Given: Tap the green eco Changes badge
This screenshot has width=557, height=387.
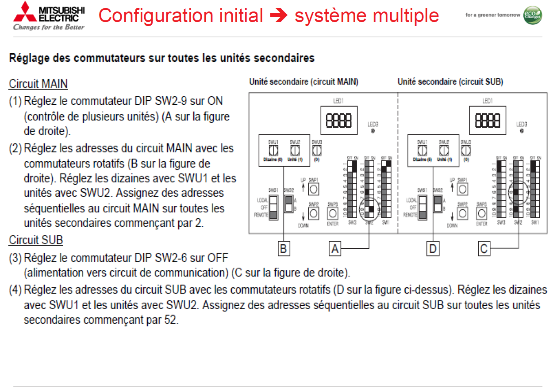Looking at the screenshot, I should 532,15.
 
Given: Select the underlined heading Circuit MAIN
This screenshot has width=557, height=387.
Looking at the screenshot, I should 38,84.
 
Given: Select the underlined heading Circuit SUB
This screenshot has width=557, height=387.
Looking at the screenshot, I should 36,240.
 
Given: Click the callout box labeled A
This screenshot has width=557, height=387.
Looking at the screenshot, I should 335,249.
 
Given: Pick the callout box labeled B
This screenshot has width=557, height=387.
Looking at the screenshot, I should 283,249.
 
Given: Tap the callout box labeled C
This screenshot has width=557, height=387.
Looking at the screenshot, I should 484,249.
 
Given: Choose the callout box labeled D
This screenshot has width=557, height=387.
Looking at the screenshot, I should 432,249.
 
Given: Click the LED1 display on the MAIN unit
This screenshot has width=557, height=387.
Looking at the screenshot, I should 338,120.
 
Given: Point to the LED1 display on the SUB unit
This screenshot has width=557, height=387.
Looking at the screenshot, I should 487,120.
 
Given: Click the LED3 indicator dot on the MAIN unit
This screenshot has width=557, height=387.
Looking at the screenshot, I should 373,131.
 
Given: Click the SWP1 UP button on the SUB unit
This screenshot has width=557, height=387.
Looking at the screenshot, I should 462,189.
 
